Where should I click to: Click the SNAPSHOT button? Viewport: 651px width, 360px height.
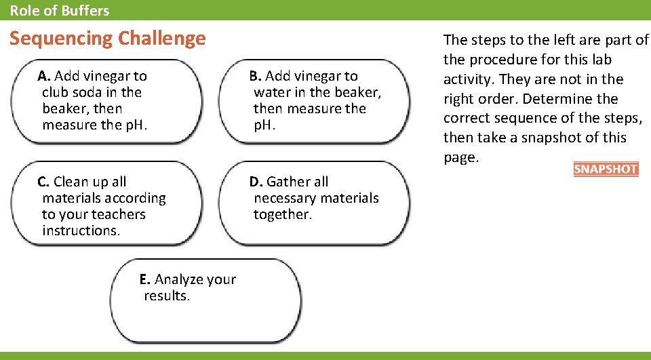606,169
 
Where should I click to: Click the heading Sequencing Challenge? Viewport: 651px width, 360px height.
107,38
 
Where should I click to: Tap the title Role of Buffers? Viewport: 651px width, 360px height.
60,10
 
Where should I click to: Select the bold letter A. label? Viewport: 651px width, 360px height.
45,76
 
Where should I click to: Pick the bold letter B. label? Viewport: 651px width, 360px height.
256,76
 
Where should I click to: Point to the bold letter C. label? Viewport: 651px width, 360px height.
43,182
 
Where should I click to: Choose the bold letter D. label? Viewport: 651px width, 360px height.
256,182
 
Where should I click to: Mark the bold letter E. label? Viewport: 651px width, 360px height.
145,279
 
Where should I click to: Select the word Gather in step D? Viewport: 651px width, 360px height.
287,182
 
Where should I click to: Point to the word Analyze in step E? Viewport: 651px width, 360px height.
178,279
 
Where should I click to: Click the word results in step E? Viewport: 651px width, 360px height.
166,296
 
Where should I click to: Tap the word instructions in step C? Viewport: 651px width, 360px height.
81,231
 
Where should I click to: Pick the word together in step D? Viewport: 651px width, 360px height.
282,214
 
